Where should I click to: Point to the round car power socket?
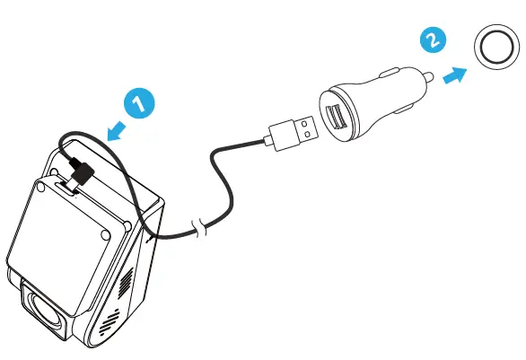493,49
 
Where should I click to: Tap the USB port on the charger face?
338,118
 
